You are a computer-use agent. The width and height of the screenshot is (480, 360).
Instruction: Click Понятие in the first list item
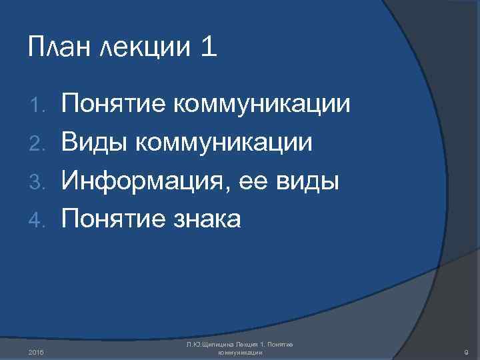(114, 103)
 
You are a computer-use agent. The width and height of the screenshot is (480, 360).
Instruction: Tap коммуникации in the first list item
(261, 103)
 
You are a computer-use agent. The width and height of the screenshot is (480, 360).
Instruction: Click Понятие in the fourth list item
(114, 217)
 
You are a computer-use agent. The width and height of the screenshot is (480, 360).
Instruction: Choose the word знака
(207, 217)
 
